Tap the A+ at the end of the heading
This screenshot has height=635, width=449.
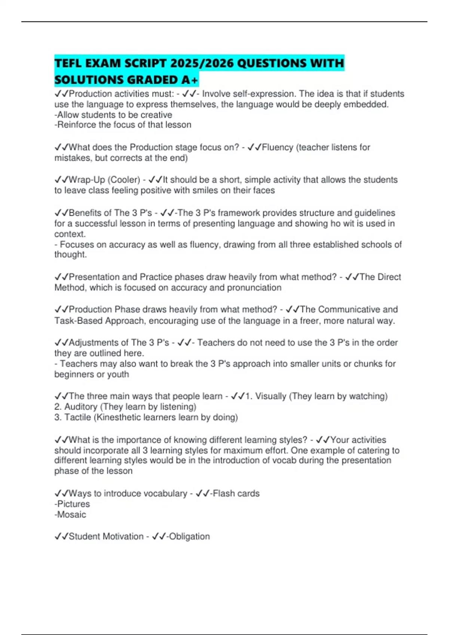(x=189, y=80)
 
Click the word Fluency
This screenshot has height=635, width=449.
(x=278, y=147)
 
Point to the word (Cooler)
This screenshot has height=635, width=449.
(x=124, y=180)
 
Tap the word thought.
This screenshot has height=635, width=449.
(x=70, y=255)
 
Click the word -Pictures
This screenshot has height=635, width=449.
(x=72, y=504)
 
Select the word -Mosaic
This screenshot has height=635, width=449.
(x=70, y=514)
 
